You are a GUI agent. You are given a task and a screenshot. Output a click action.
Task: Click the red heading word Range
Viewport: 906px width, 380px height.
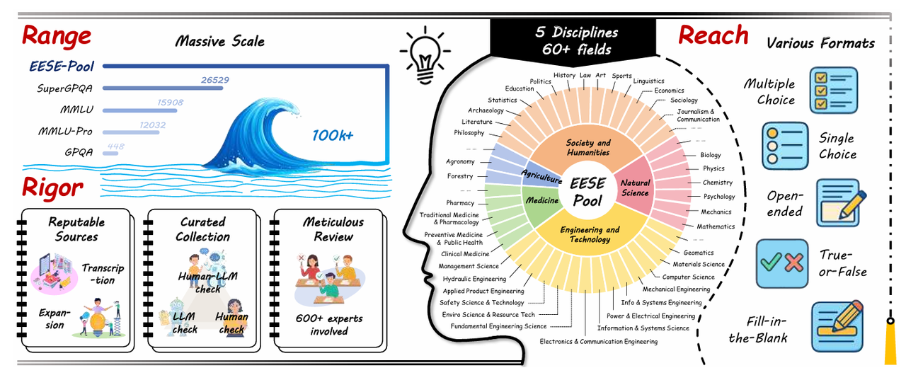57,36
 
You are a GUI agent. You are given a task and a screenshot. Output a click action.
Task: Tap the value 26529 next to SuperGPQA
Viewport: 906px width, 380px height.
215,80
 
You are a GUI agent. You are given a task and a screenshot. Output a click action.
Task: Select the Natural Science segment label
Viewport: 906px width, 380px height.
635,188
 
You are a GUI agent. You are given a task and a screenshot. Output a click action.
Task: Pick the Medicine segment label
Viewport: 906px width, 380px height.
542,200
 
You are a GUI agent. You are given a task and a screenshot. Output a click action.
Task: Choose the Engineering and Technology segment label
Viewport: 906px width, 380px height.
590,234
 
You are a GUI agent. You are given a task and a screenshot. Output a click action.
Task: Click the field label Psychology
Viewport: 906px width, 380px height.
719,197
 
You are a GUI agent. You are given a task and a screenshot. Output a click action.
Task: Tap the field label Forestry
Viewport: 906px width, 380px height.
460,176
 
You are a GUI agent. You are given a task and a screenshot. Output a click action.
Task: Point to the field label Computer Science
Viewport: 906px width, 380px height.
688,277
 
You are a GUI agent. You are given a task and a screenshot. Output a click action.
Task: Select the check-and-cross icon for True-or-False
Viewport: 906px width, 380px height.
781,263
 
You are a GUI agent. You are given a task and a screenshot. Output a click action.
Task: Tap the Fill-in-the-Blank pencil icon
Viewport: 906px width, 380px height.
837,327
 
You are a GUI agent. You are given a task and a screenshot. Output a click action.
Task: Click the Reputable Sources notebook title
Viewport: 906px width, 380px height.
76,229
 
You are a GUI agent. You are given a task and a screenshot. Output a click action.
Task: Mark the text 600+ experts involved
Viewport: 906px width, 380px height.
329,325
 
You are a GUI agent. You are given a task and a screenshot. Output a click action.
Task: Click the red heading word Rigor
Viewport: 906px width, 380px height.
52,188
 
